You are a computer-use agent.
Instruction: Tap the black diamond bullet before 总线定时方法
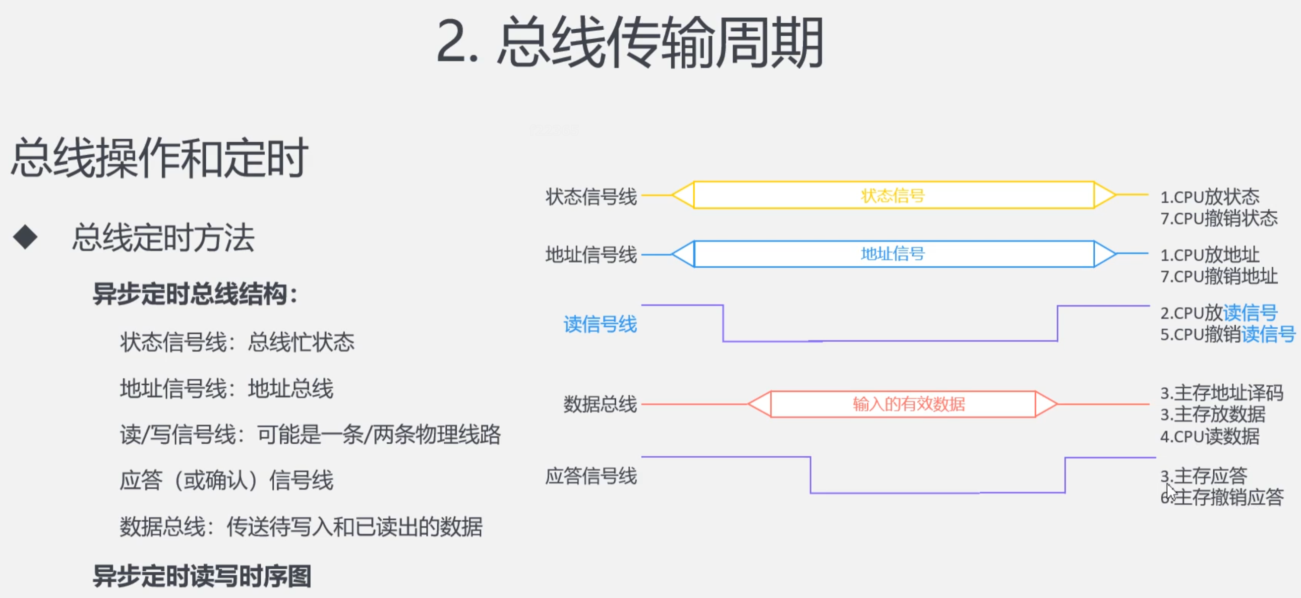(x=25, y=237)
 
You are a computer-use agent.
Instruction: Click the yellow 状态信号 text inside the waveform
(x=893, y=195)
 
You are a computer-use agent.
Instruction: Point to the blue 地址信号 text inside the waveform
(x=893, y=253)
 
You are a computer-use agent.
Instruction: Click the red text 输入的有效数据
(x=909, y=404)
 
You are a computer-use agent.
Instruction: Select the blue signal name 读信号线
(x=600, y=324)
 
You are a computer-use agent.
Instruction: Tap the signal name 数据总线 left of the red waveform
(x=600, y=404)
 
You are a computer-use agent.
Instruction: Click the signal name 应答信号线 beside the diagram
(x=591, y=476)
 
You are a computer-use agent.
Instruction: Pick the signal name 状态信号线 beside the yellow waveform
(x=591, y=196)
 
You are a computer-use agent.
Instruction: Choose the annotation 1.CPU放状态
(x=1210, y=196)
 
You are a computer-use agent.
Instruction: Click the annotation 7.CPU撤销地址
(x=1219, y=276)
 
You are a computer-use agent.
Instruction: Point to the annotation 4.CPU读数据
(x=1210, y=436)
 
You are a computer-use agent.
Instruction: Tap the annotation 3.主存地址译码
(x=1222, y=392)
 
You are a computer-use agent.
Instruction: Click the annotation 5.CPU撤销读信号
(x=1228, y=334)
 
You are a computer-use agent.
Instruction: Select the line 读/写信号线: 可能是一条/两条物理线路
(x=310, y=434)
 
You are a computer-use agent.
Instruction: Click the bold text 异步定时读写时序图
(x=202, y=576)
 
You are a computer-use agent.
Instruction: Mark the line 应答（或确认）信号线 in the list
(x=226, y=480)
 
